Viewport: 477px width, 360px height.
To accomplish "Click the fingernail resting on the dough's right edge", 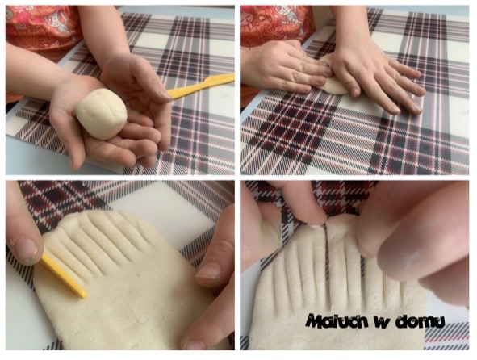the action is point(209,271).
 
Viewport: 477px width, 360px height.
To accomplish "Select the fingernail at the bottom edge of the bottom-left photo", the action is point(193,345).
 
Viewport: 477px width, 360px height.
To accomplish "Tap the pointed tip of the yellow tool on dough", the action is point(84,295).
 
